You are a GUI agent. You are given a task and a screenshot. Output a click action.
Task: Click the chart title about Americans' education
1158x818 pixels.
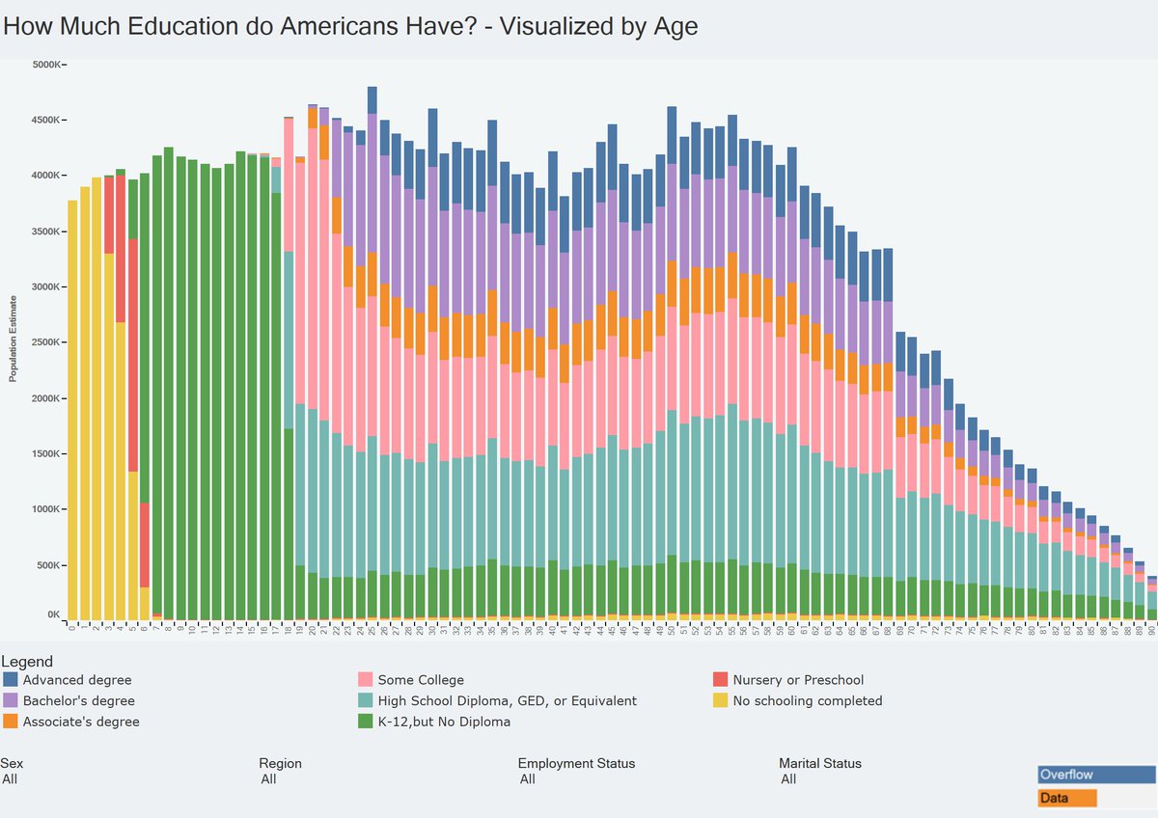tap(349, 26)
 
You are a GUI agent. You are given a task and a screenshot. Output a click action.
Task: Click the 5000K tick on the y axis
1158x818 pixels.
tap(47, 65)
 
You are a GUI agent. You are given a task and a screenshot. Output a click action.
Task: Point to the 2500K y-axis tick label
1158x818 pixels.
tap(47, 342)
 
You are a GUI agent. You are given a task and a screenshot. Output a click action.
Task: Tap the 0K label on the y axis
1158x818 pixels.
tap(55, 614)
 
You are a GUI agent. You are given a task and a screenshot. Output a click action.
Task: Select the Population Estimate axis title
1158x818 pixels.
tap(14, 339)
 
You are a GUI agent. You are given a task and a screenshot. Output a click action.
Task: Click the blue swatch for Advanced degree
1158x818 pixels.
tap(11, 680)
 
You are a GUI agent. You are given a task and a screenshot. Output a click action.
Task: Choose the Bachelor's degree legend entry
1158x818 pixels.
tap(78, 701)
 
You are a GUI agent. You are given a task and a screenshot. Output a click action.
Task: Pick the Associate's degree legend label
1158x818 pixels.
tap(80, 722)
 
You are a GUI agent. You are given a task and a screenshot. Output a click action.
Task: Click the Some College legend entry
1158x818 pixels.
tap(421, 680)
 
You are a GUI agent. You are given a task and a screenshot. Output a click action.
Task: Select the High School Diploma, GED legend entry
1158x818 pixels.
tap(507, 701)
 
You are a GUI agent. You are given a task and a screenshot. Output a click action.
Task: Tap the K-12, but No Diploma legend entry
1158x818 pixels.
tap(444, 722)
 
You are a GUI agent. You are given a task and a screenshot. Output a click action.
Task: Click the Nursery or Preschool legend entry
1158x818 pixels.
tap(798, 680)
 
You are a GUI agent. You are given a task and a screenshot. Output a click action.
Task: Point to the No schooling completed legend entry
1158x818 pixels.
tap(807, 701)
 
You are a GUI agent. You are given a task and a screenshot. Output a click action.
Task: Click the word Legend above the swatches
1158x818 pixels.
tap(27, 662)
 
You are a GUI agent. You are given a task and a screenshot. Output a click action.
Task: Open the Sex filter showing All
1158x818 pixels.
tap(11, 779)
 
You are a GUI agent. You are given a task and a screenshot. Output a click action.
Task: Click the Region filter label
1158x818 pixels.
tap(281, 763)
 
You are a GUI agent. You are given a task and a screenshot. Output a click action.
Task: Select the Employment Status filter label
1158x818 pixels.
tap(576, 763)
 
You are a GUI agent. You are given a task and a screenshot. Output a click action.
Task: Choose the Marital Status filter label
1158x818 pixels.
tap(820, 763)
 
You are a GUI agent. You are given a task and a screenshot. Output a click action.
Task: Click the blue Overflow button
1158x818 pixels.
tap(1096, 775)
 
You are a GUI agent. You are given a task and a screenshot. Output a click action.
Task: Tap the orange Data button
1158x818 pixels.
tap(1067, 799)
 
